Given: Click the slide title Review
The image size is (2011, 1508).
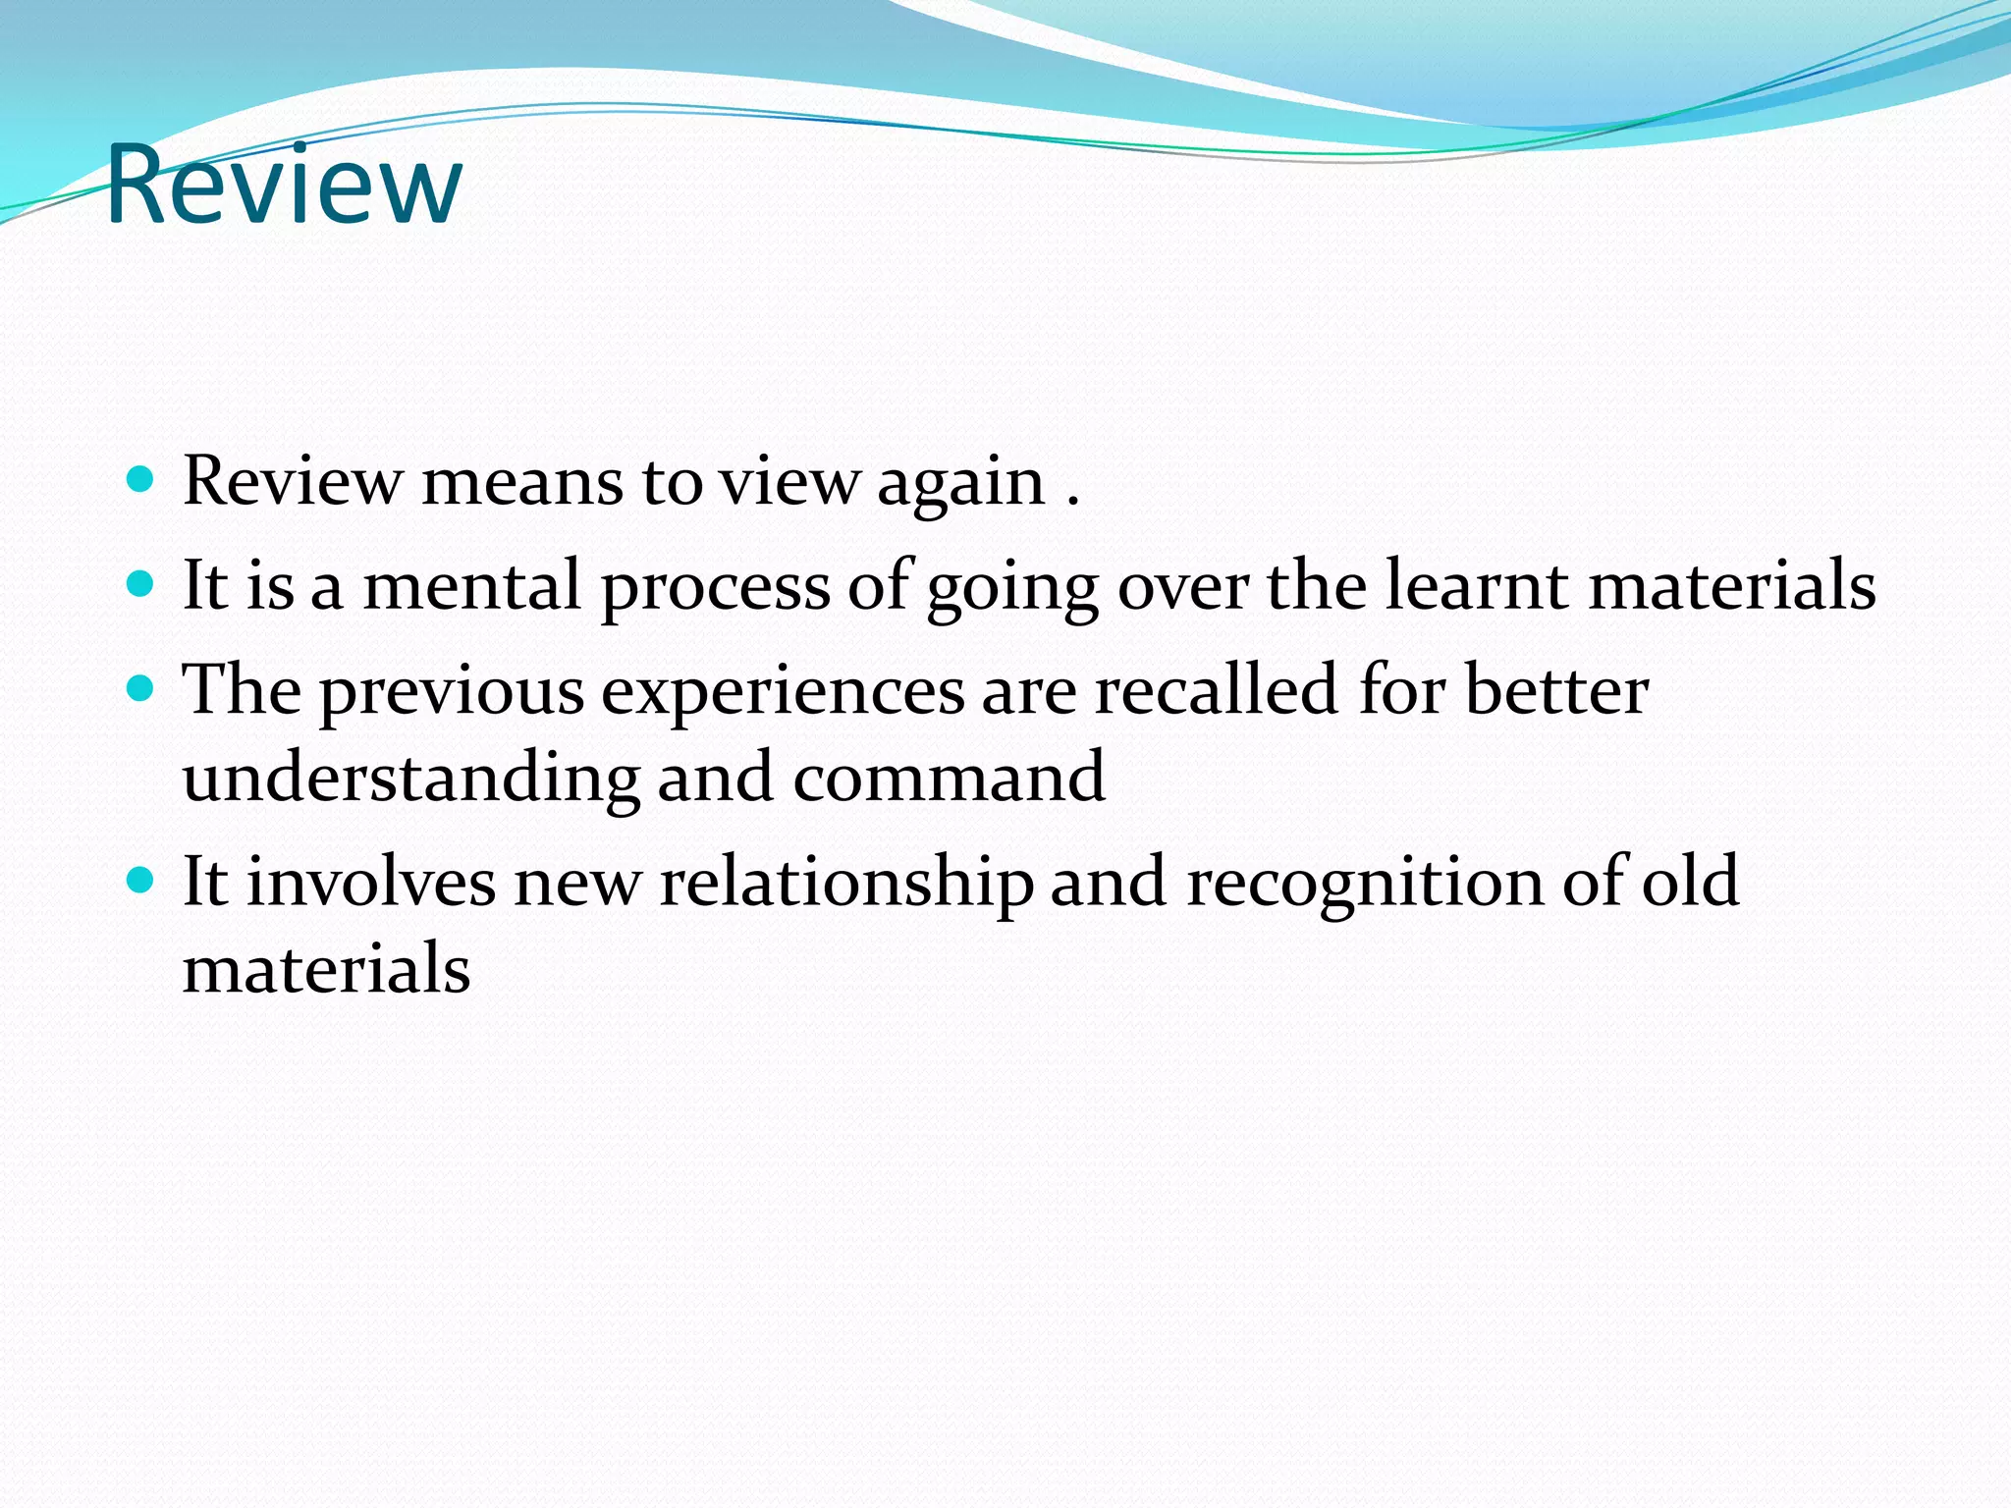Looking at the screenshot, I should click(x=283, y=185).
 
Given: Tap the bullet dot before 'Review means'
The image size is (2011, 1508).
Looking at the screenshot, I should click(x=141, y=479).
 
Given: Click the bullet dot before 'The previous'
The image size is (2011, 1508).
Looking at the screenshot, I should click(x=141, y=688).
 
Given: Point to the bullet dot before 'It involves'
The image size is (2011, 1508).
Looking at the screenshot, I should click(x=141, y=880).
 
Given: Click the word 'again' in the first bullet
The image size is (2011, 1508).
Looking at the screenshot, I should click(x=960, y=483).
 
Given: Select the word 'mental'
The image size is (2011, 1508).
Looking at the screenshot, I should click(x=471, y=585).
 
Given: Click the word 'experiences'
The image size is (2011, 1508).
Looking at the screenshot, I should click(x=783, y=693).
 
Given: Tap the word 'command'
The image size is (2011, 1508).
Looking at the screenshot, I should click(x=949, y=778).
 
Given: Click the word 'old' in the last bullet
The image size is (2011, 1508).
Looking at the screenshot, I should click(x=1690, y=881).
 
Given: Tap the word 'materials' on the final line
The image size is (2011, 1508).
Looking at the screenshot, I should click(x=326, y=969).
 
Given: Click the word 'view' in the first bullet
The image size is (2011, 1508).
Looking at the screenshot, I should click(x=789, y=483).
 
